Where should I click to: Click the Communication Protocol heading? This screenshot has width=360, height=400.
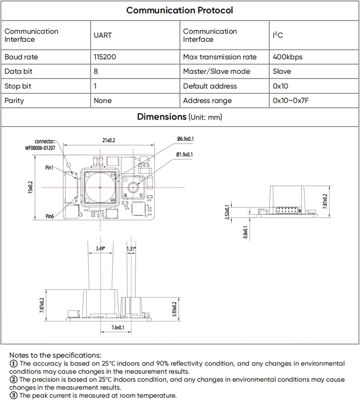coord(179,10)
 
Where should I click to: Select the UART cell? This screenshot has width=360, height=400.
coord(103,35)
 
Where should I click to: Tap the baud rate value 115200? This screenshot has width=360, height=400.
coord(105,57)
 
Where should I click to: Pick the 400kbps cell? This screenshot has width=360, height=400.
coord(288,57)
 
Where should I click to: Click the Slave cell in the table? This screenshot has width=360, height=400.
coord(282,71)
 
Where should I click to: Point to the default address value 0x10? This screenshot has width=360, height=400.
coord(280,86)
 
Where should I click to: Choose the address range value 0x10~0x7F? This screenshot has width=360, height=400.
coord(291,100)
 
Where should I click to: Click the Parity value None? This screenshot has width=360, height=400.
coord(103,100)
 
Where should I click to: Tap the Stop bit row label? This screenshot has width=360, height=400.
coord(18,86)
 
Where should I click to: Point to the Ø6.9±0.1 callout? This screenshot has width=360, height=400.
coord(185,139)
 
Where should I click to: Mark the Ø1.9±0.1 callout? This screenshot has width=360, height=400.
coord(185,154)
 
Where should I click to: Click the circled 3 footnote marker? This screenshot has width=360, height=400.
coord(13,396)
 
